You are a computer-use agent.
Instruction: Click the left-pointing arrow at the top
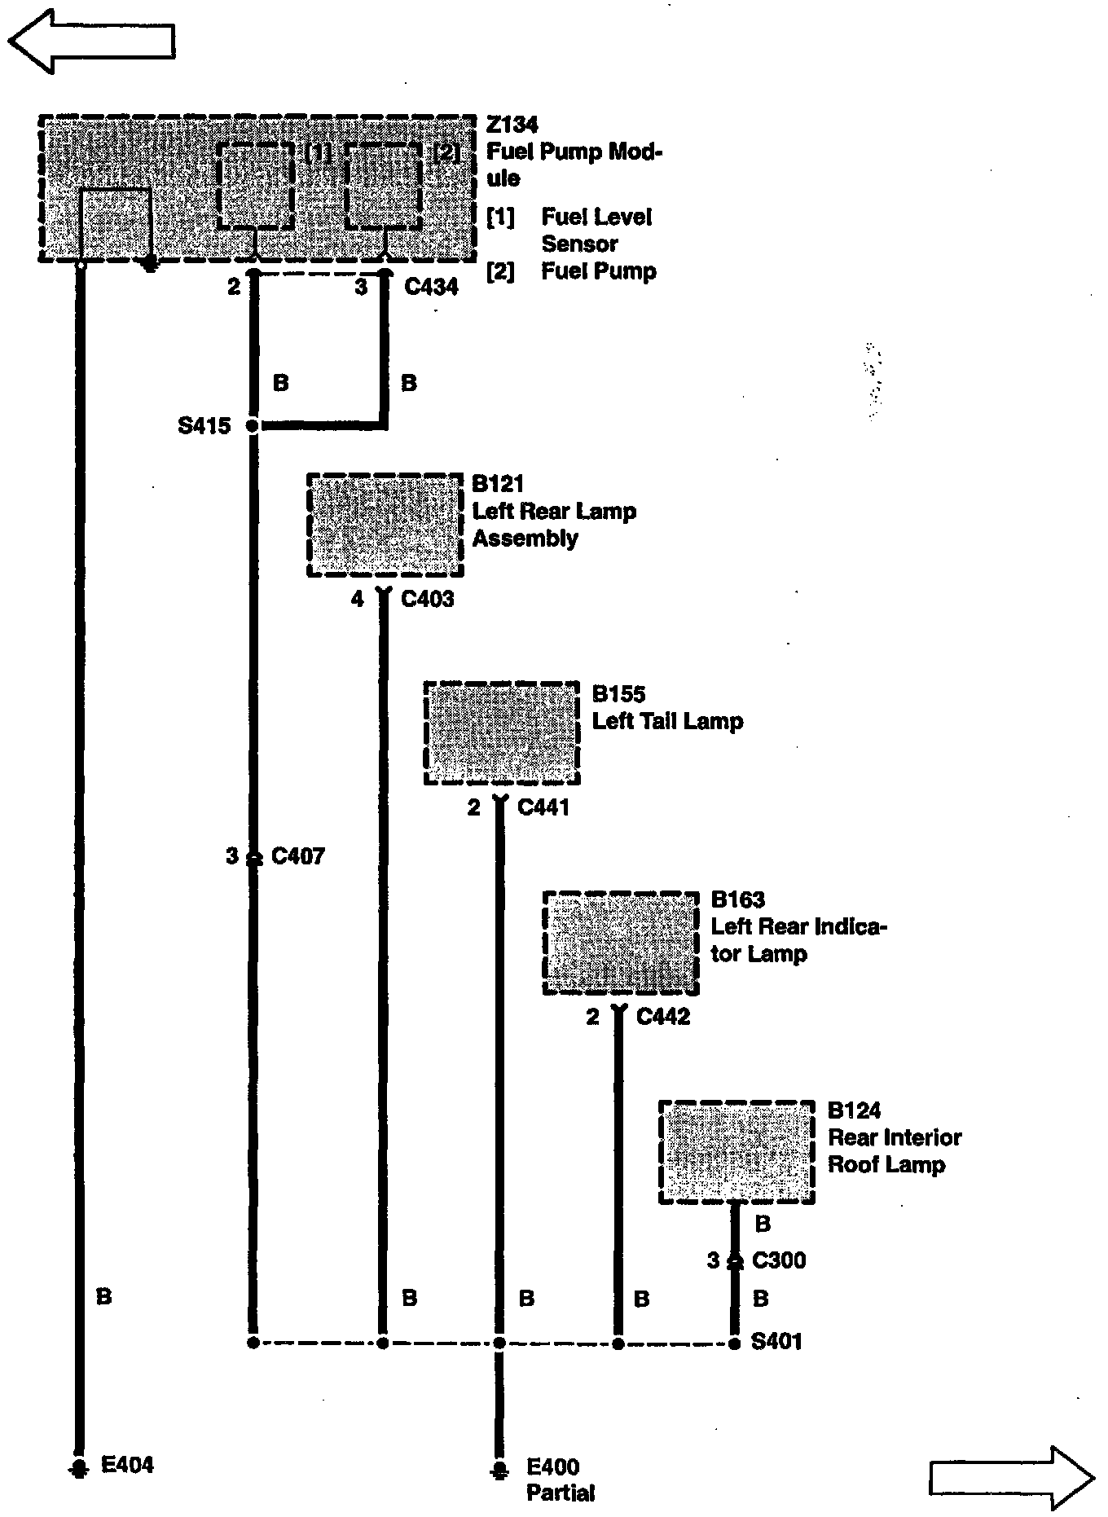(91, 41)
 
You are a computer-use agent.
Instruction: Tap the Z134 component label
(512, 125)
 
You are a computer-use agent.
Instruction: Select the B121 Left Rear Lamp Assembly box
(385, 525)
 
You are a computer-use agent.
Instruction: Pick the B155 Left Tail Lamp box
(502, 733)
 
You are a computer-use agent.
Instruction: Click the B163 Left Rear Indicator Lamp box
(621, 943)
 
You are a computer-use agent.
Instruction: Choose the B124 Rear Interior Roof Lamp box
(736, 1151)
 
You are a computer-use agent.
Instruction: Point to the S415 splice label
(204, 425)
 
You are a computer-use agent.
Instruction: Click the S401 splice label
(776, 1341)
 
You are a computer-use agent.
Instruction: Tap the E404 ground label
(127, 1465)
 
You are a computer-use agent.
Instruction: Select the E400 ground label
(553, 1467)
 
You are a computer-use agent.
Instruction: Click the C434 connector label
(431, 287)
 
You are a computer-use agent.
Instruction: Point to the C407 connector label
(298, 856)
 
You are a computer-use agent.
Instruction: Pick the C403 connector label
(428, 600)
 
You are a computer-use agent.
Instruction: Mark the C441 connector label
(543, 808)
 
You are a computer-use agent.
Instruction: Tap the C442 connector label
(663, 1017)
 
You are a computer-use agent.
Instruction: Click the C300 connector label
(779, 1261)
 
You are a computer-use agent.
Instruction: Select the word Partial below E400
(561, 1493)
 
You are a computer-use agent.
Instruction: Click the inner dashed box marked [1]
(256, 186)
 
